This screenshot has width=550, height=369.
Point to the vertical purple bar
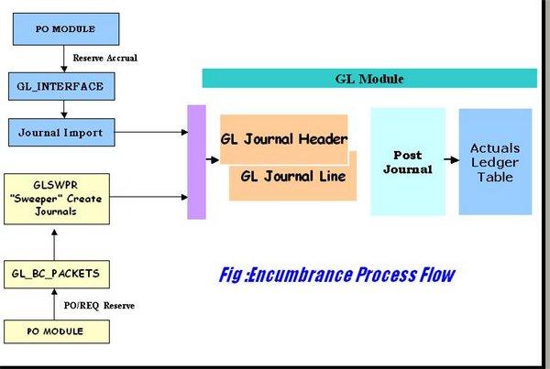(x=196, y=162)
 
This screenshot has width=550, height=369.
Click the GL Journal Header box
(x=283, y=138)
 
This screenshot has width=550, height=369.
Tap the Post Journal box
(x=407, y=162)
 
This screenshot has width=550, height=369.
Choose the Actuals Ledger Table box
(x=495, y=162)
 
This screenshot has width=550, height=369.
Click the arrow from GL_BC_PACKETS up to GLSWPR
(x=57, y=243)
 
